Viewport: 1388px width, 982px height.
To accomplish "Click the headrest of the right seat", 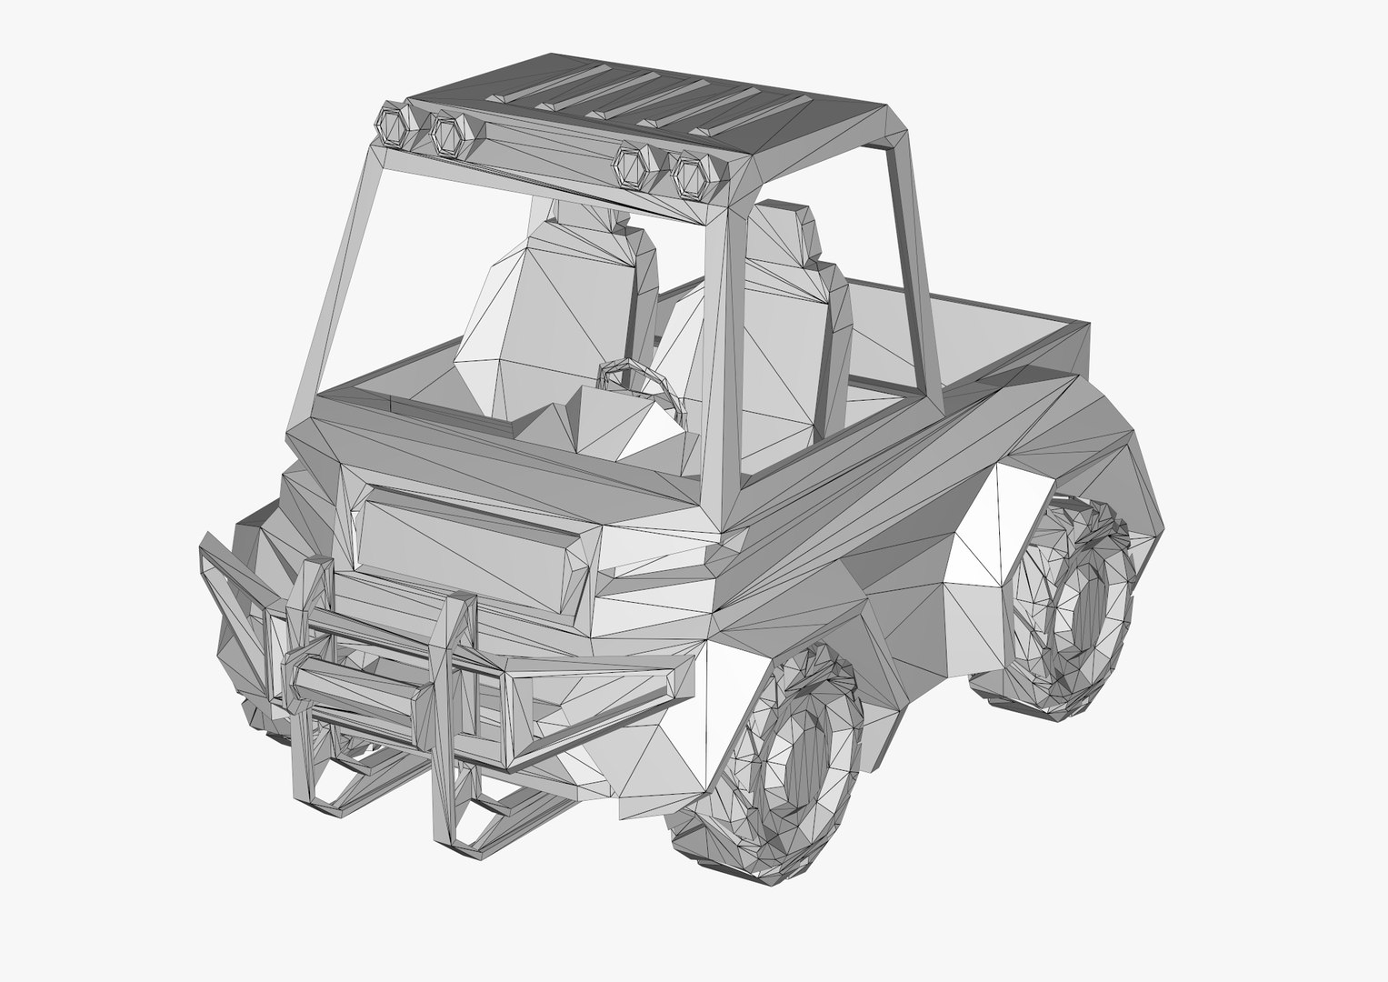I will [782, 227].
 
